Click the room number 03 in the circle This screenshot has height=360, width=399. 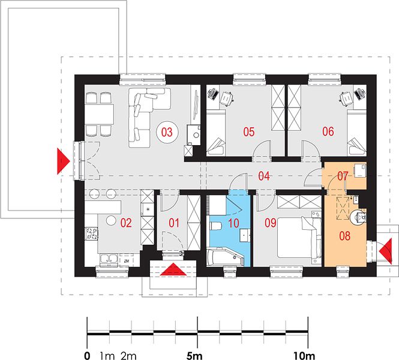(x=167, y=132)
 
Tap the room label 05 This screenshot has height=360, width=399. (x=249, y=132)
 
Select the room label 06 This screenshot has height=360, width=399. (x=328, y=131)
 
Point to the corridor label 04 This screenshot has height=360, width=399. (x=264, y=176)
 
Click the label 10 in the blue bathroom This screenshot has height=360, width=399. (x=233, y=223)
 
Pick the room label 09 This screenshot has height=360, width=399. (x=270, y=223)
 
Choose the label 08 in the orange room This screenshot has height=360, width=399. (x=345, y=236)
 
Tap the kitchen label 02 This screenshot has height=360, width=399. (x=126, y=223)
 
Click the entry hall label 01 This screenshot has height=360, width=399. (x=174, y=223)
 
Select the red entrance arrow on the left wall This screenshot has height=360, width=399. (x=62, y=161)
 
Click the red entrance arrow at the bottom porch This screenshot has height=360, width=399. (x=173, y=269)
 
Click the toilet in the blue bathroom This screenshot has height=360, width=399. (x=215, y=226)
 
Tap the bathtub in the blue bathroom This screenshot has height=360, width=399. (x=226, y=257)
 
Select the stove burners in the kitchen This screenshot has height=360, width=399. (x=91, y=233)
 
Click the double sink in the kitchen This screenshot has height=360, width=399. (x=109, y=259)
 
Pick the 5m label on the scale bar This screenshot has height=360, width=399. (x=194, y=356)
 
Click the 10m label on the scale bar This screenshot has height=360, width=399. (x=304, y=356)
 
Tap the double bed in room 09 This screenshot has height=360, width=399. (x=299, y=237)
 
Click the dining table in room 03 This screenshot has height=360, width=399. (x=99, y=114)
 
